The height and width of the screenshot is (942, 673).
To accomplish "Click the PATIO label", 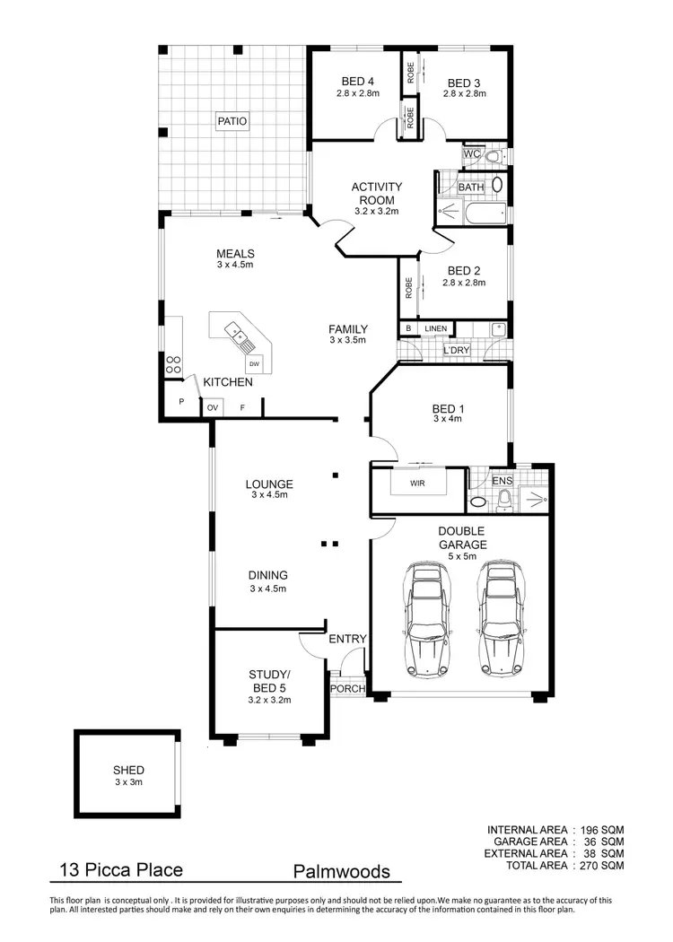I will point(231,120).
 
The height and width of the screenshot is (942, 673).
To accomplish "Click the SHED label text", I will point(128,770).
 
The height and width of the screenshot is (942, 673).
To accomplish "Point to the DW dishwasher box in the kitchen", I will point(255,363).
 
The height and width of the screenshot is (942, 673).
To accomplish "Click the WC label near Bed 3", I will point(471,155).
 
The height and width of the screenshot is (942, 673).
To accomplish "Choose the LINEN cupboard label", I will point(436,329).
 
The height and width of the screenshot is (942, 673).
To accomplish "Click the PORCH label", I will point(347,689).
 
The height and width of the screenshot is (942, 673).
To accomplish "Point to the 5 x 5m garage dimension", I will point(463,556).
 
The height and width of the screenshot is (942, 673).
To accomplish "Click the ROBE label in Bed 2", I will point(408,288).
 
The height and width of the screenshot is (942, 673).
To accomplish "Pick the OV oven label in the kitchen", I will point(213,408).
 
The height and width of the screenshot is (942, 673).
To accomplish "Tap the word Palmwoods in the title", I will point(342,871).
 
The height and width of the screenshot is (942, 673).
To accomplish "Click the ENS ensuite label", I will point(502,481).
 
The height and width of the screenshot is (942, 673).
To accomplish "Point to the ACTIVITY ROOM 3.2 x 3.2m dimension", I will point(377,212).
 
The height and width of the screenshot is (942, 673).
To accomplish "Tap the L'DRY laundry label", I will point(456,349).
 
